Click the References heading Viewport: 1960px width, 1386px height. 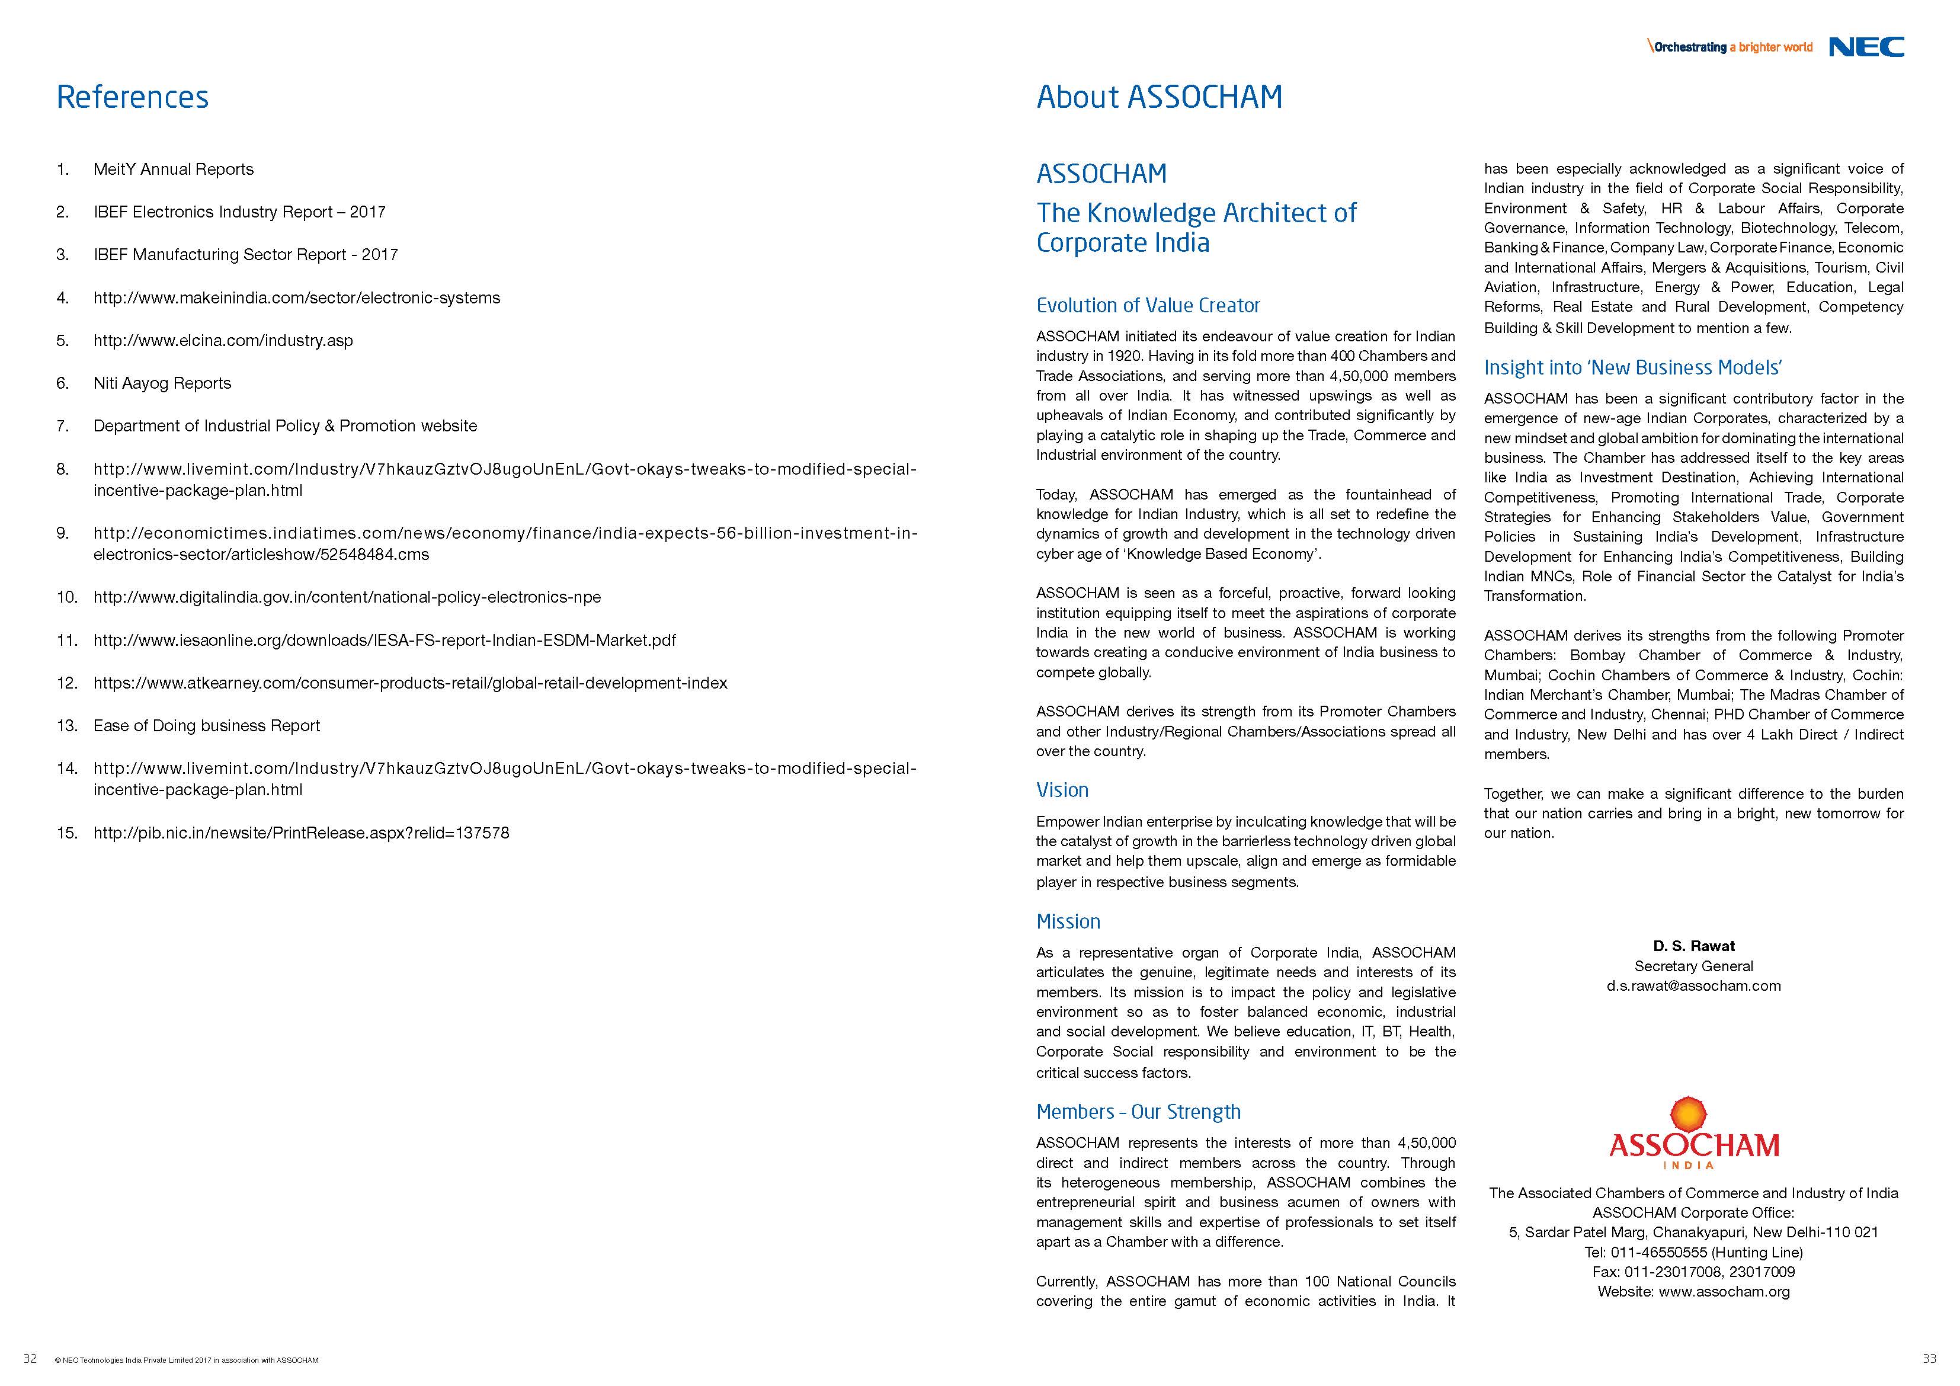(x=132, y=97)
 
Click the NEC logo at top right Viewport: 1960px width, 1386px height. (x=1866, y=47)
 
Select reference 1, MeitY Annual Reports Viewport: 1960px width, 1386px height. (x=173, y=169)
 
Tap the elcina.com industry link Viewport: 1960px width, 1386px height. (x=223, y=341)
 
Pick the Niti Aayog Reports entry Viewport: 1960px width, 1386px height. (x=162, y=383)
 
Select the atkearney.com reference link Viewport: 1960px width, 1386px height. (x=410, y=683)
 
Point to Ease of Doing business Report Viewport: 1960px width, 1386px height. (x=207, y=726)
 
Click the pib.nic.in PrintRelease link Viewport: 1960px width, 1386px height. (x=302, y=833)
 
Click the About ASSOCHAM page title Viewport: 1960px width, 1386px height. (x=1158, y=97)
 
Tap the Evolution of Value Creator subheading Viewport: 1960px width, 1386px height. (x=1147, y=306)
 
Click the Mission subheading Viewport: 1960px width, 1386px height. (x=1068, y=921)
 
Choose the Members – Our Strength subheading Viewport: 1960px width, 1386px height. (x=1138, y=1112)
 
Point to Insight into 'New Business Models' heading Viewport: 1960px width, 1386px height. (x=1632, y=368)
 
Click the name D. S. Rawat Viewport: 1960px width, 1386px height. (x=1693, y=946)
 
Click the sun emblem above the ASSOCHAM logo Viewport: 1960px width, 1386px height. (x=1689, y=1115)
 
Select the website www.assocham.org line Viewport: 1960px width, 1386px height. (x=1693, y=1291)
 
